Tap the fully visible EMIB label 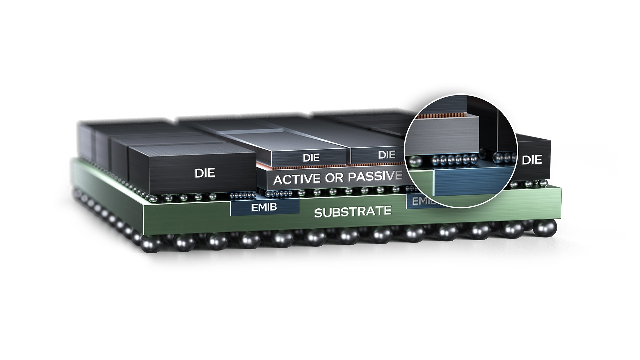(x=264, y=207)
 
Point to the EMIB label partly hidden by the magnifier (x=420, y=201)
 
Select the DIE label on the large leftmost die (x=205, y=173)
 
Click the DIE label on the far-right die (x=532, y=160)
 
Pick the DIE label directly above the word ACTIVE (x=311, y=157)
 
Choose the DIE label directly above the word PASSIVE (x=387, y=155)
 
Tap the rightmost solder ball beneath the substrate (x=545, y=227)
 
